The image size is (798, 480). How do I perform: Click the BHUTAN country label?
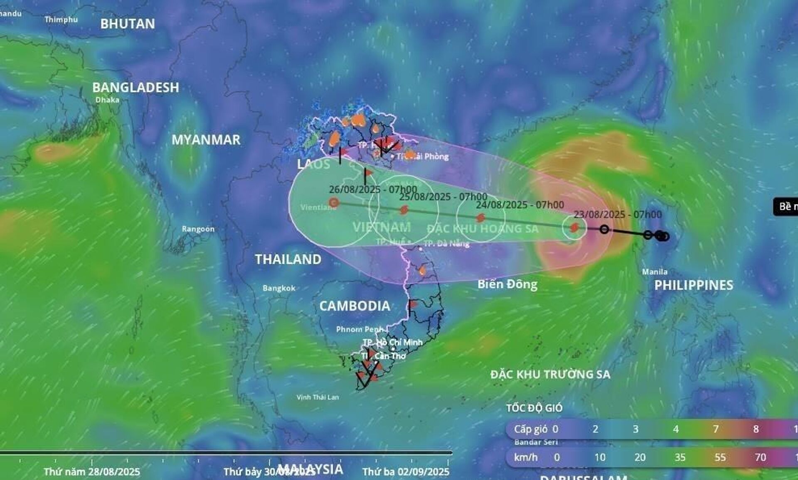[128, 24]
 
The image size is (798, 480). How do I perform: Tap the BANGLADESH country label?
[135, 87]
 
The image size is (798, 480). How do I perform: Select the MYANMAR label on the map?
[206, 140]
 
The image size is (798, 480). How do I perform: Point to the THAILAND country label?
[288, 259]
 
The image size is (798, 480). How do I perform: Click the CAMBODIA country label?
[355, 306]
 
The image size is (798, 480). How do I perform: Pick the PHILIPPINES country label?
[694, 285]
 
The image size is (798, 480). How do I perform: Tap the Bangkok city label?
[279, 288]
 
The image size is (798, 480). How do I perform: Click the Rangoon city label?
[198, 229]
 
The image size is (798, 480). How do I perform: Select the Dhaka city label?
[107, 100]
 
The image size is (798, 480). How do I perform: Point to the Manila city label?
[655, 272]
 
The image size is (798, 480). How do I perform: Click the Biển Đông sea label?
[507, 284]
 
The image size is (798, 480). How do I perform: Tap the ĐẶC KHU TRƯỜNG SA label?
[550, 374]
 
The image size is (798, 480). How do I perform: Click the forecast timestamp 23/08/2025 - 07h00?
[618, 214]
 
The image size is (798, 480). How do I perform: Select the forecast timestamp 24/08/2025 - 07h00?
[520, 205]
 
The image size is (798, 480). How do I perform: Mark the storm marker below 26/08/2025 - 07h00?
[334, 203]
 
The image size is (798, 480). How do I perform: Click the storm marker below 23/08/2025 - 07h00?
[574, 227]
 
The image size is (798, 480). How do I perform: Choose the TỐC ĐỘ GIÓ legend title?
[534, 408]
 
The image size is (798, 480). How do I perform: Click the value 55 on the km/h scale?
[720, 457]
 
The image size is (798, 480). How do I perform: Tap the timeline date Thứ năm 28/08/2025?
[92, 472]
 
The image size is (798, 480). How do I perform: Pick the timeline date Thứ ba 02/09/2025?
[406, 472]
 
